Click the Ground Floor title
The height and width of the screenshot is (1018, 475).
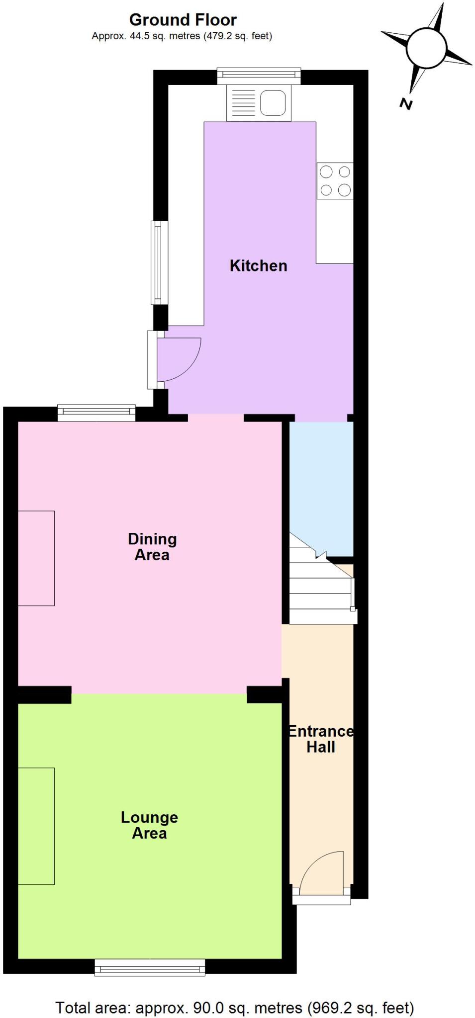(x=183, y=20)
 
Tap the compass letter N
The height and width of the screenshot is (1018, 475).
(x=406, y=104)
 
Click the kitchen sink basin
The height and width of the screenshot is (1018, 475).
(x=273, y=103)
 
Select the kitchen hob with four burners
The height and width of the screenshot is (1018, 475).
(x=335, y=180)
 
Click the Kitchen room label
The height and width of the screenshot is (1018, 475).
(x=258, y=266)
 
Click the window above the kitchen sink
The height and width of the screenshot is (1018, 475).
(x=259, y=75)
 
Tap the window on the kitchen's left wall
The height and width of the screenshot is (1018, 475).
(x=157, y=262)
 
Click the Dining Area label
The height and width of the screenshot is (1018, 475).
(x=152, y=547)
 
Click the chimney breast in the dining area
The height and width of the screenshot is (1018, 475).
(x=36, y=558)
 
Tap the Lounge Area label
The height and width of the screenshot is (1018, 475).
(x=149, y=825)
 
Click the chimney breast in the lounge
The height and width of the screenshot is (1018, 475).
(x=36, y=826)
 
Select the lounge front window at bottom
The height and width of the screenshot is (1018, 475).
(x=150, y=967)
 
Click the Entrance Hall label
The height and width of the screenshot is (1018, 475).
(x=321, y=739)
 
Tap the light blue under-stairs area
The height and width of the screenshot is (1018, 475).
(x=321, y=482)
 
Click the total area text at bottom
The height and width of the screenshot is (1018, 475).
(x=235, y=1008)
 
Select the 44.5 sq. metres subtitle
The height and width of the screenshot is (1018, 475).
(x=182, y=36)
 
